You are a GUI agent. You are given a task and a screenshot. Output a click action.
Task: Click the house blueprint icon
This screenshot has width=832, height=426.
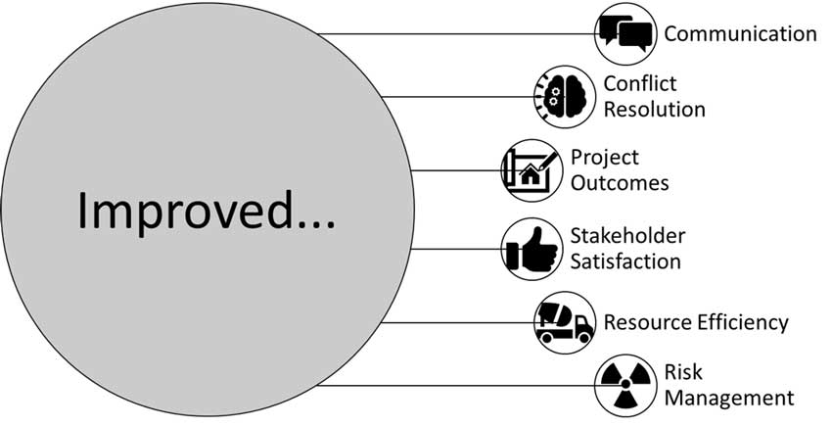pos(530,170)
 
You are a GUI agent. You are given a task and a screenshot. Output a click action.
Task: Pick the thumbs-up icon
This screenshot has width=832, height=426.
pos(530,249)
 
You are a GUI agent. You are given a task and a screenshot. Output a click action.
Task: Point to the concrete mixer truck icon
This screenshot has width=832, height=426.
pos(565,322)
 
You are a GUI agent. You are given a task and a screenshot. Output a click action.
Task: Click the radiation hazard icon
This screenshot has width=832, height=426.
pos(624,385)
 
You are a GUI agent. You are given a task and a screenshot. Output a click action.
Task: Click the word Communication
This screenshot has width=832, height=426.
pos(740,34)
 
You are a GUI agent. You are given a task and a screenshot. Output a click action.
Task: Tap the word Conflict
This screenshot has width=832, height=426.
pos(640,84)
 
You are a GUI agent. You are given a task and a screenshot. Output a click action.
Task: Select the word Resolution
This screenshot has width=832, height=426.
pos(654,109)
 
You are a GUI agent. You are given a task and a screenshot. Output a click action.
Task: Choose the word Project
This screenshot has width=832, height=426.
pos(605,158)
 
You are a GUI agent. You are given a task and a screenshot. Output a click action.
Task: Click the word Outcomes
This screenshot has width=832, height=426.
pos(620,183)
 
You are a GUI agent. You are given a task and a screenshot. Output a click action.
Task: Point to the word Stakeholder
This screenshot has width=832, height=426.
pos(627,236)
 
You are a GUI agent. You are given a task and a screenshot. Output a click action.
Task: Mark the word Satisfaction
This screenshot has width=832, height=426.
pos(625,261)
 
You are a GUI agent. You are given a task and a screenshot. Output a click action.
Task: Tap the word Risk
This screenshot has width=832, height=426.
pos(683,373)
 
